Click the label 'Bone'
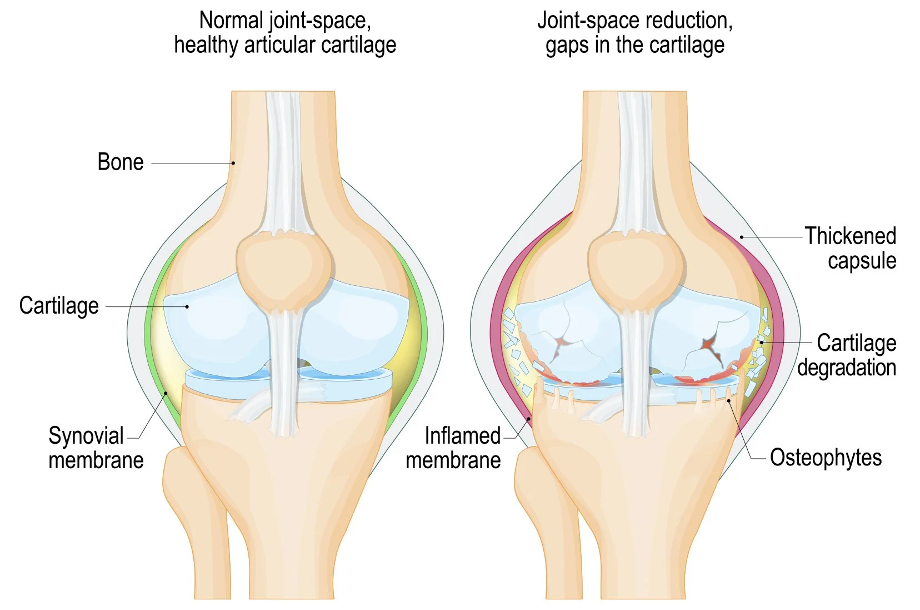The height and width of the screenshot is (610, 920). (x=120, y=162)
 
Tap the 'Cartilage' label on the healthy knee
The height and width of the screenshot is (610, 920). (x=59, y=306)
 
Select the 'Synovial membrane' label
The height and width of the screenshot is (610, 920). (x=96, y=448)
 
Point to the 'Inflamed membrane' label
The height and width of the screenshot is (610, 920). (x=453, y=448)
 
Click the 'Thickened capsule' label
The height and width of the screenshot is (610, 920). (x=851, y=248)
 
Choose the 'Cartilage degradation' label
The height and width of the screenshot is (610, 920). (x=847, y=355)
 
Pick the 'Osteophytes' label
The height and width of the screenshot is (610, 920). (x=826, y=458)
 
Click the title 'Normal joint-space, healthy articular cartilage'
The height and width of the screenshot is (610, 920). (x=285, y=32)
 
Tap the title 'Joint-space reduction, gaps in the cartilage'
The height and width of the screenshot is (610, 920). (x=635, y=32)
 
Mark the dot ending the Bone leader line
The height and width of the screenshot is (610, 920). (x=233, y=163)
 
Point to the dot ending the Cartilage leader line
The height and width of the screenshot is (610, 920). (x=187, y=306)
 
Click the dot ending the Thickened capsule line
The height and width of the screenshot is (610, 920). (x=742, y=237)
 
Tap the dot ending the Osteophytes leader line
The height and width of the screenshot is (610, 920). (x=728, y=400)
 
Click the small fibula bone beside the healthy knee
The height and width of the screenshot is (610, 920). (x=192, y=512)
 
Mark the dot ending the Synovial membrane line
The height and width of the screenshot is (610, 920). (x=166, y=394)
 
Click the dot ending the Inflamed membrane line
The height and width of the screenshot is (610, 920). (x=529, y=418)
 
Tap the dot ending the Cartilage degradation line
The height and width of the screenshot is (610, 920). (x=762, y=343)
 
